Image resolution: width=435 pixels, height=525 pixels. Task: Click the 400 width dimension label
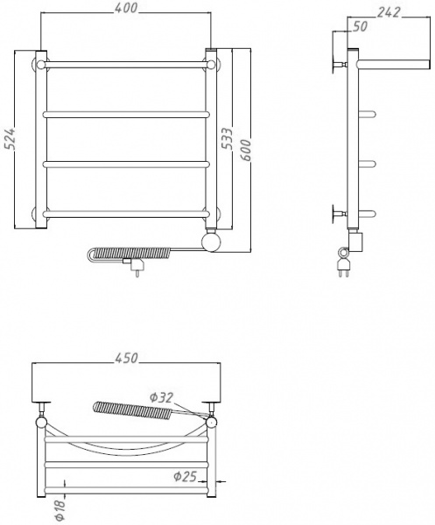click(x=126, y=8)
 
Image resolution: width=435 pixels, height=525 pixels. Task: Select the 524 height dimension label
click(x=10, y=141)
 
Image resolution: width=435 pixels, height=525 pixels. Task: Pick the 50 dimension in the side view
click(x=359, y=27)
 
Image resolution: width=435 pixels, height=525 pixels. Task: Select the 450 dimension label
click(x=126, y=357)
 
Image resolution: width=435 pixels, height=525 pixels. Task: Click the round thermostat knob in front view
click(x=212, y=242)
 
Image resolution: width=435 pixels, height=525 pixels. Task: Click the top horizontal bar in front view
click(x=126, y=64)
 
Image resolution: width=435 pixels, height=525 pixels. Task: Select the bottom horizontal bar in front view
click(x=126, y=213)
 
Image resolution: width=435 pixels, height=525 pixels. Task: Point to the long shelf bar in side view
click(x=394, y=63)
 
